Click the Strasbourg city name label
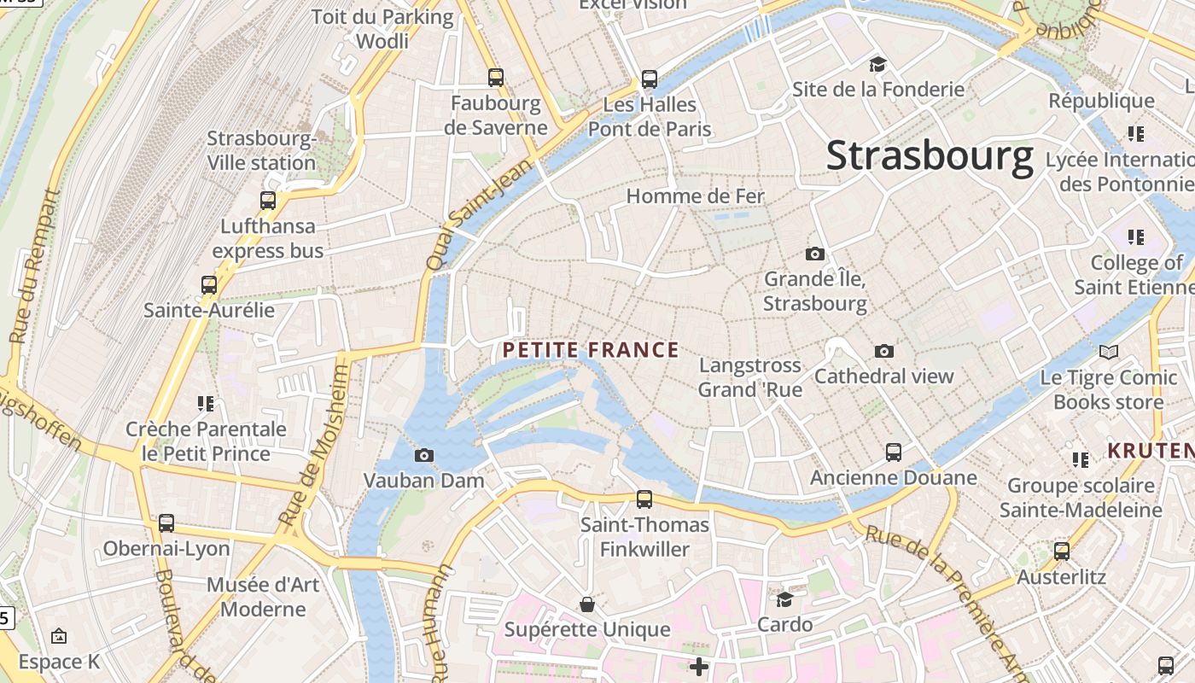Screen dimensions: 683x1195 930,157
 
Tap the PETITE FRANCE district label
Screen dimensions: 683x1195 591,350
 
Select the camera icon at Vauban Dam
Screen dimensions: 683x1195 424,456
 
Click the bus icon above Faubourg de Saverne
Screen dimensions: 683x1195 496,78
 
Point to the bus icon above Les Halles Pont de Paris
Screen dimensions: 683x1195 650,79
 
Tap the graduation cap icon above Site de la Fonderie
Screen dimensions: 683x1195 877,64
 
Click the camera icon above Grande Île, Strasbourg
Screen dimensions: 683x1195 815,254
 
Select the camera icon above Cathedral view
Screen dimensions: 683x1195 884,351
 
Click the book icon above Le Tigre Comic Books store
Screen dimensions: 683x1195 1109,352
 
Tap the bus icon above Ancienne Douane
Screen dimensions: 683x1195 894,452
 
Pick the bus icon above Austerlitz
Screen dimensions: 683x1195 1062,552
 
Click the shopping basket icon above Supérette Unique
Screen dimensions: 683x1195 587,604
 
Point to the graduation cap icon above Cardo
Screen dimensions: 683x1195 785,599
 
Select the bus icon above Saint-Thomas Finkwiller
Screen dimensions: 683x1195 644,499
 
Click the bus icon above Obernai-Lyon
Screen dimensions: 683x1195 166,523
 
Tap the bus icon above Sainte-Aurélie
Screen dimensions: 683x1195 209,285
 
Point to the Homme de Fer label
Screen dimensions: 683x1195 695,196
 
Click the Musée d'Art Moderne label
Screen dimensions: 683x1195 263,597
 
